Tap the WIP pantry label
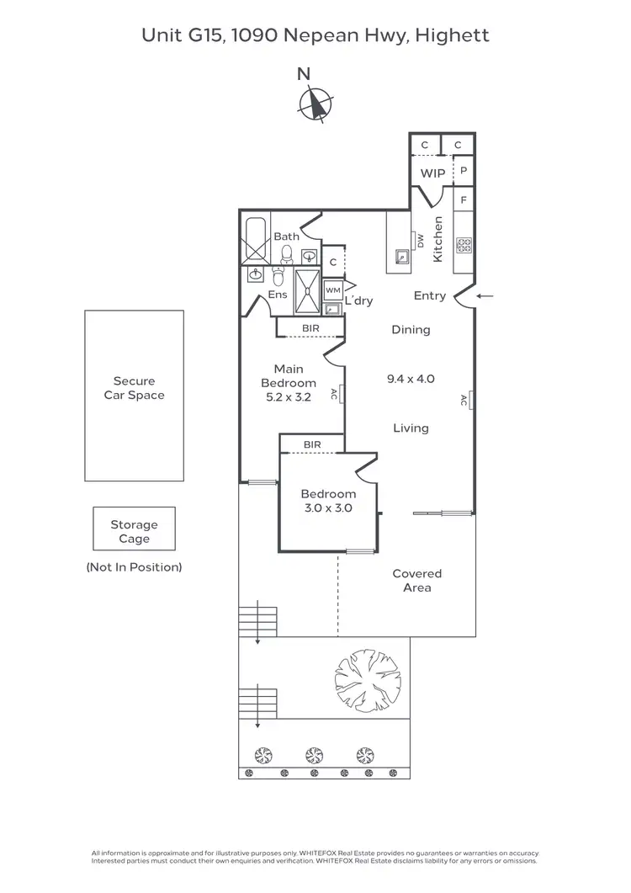point(432,173)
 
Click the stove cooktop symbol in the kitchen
point(464,245)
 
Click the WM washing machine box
point(333,290)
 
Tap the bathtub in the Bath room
point(256,241)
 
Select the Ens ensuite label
point(278,295)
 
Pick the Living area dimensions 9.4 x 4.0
point(411,379)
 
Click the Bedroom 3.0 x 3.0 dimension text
point(328,508)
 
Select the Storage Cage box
point(134,531)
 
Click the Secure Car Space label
point(134,388)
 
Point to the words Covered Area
point(416,580)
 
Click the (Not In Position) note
point(134,567)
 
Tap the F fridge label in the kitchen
point(463,201)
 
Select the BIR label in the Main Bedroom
point(310,329)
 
